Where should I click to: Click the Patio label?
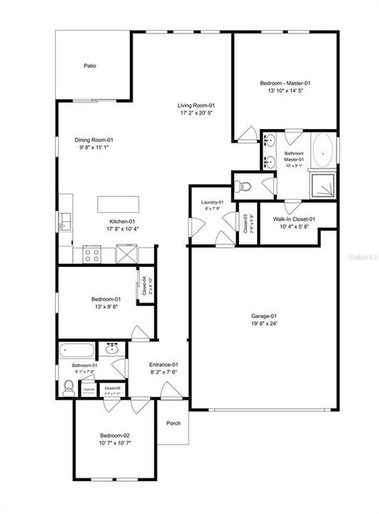click(89, 66)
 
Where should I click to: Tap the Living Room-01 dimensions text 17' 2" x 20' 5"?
click(195, 113)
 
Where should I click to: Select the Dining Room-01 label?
click(94, 140)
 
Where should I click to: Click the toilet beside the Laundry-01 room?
click(244, 186)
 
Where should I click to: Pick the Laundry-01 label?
click(213, 202)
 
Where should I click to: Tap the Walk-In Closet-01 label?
click(294, 220)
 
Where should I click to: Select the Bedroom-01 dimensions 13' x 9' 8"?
click(105, 306)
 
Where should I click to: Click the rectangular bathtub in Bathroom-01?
click(77, 351)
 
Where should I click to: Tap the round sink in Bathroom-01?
click(112, 349)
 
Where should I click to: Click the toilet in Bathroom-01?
click(69, 388)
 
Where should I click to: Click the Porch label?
click(173, 423)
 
